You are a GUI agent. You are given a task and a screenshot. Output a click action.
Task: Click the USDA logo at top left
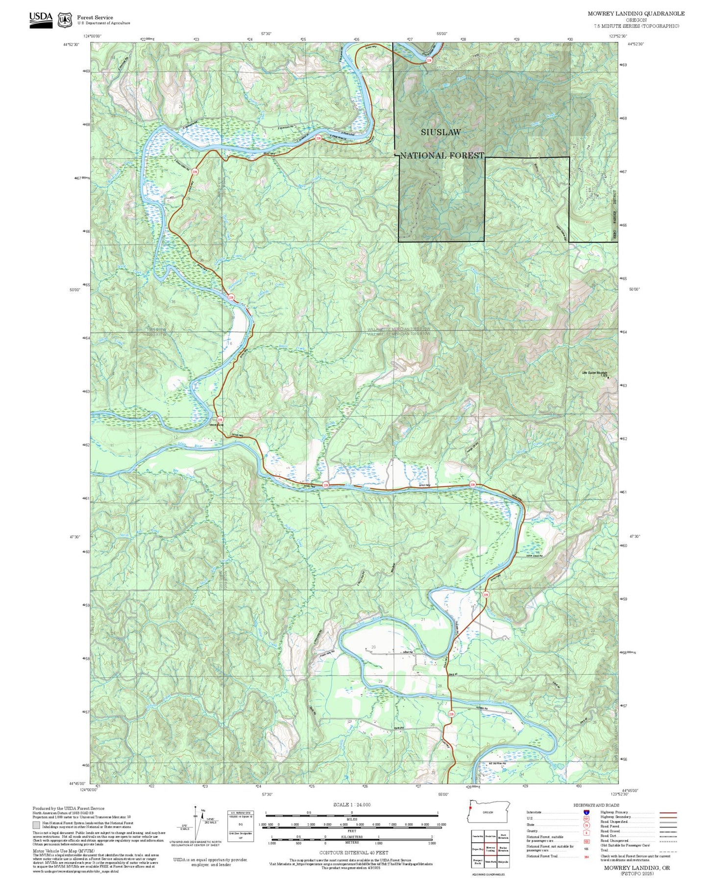41,19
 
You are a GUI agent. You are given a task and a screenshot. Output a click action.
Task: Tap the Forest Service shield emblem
65,20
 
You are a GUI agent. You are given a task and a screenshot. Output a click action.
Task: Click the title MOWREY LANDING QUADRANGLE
636,14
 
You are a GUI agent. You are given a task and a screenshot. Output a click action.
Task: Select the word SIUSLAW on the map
440,132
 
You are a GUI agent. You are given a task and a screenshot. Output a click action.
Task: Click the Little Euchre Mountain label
594,373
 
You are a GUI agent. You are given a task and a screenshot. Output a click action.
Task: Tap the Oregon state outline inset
488,812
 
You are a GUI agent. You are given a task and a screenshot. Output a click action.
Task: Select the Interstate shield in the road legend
586,812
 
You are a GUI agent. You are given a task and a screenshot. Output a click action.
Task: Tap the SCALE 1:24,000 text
352,805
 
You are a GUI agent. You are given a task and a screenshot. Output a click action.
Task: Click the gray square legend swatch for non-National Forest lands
36,825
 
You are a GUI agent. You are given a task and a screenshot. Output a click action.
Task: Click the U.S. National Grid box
241,826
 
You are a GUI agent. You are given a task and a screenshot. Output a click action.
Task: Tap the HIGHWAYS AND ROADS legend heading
596,806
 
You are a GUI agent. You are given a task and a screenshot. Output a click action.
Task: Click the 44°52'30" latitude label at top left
72,45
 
